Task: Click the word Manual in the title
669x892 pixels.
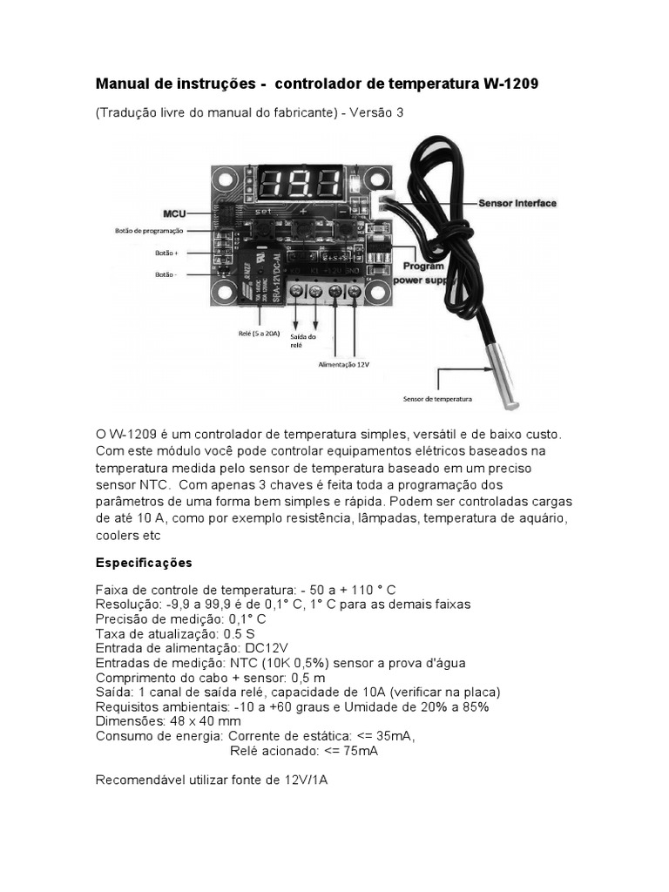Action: (x=122, y=84)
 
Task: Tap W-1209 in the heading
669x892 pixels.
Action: (x=510, y=84)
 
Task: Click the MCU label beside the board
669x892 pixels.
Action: (x=174, y=213)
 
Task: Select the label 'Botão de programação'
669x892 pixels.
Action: (x=149, y=231)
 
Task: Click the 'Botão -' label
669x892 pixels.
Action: (x=165, y=274)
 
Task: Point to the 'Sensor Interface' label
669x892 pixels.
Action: (x=517, y=203)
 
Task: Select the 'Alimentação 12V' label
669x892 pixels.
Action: (x=344, y=366)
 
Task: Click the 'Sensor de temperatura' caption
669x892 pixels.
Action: (x=437, y=399)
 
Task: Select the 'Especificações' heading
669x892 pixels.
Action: (x=144, y=562)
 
